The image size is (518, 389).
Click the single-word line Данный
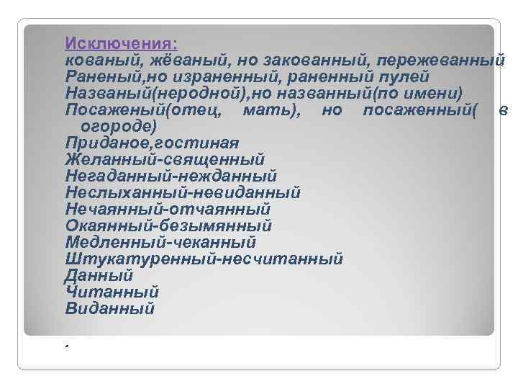tap(99, 275)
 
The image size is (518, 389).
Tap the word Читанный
tap(112, 292)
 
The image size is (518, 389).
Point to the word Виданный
tap(109, 308)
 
